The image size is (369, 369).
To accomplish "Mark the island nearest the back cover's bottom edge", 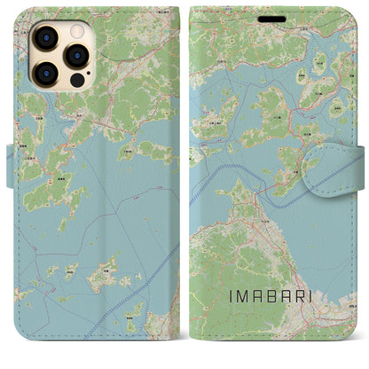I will click(133, 326).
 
